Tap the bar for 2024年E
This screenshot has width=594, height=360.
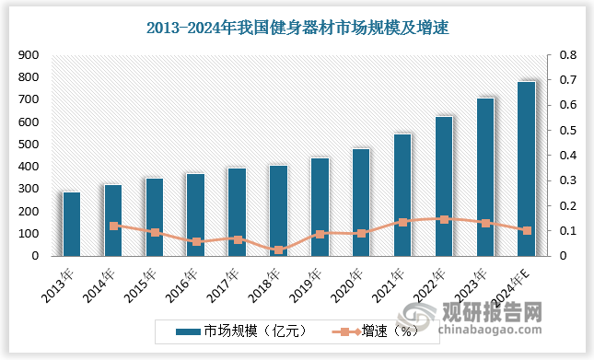pyautogui.click(x=526, y=168)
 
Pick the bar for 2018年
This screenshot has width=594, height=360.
pyautogui.click(x=278, y=210)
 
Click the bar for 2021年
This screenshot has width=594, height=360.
pyautogui.click(x=402, y=194)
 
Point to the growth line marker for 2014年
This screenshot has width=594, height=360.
pyautogui.click(x=113, y=226)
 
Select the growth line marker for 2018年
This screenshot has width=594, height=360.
pyautogui.click(x=278, y=250)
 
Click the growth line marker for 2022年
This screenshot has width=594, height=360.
pyautogui.click(x=444, y=219)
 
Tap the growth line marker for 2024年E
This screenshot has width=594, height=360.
pyautogui.click(x=527, y=230)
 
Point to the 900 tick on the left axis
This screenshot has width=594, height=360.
pyautogui.click(x=29, y=56)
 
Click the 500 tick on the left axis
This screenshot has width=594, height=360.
pyautogui.click(x=29, y=145)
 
